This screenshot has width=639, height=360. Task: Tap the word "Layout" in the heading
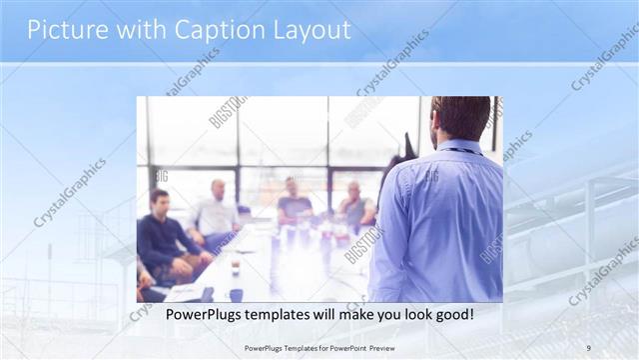309,30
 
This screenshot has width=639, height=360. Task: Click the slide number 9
588,347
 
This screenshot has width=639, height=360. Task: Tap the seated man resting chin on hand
355,204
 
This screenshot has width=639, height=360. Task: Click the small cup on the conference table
235,268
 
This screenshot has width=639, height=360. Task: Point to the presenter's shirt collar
460,147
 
